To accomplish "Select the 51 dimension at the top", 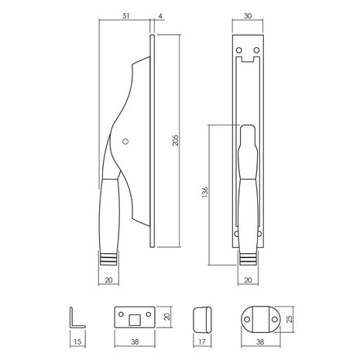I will pos(125,15).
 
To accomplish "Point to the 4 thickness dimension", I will pos(159,15).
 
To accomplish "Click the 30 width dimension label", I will pos(245,15).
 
